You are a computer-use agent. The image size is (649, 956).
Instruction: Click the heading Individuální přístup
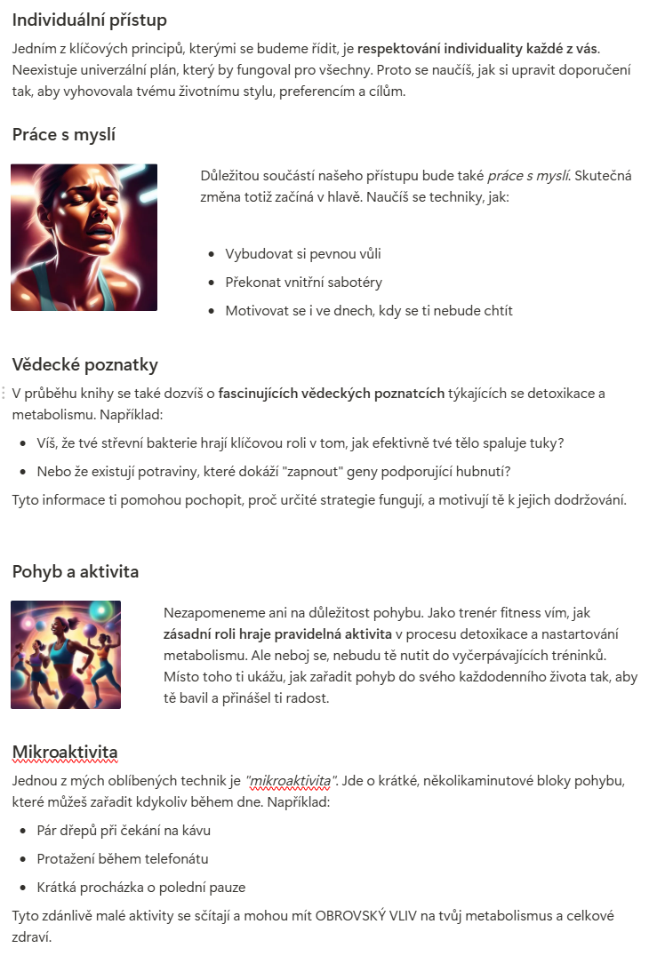(x=89, y=20)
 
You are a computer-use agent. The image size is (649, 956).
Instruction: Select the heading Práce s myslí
(x=64, y=135)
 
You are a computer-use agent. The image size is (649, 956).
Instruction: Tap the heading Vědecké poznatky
(x=85, y=364)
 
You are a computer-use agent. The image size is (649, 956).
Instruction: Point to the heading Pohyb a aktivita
(x=76, y=571)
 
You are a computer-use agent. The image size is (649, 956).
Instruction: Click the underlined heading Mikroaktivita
(x=65, y=753)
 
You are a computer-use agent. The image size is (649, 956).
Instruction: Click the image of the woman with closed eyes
(x=84, y=237)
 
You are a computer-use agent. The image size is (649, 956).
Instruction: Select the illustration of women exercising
(x=66, y=655)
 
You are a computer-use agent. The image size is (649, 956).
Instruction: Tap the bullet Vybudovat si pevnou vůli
(x=303, y=254)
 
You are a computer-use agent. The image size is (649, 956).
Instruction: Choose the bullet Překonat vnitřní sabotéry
(x=304, y=283)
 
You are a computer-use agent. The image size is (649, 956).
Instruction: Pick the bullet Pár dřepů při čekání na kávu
(x=124, y=831)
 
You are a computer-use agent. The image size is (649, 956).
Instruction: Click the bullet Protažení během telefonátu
(x=123, y=859)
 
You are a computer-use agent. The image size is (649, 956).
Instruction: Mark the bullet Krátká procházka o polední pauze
(x=141, y=888)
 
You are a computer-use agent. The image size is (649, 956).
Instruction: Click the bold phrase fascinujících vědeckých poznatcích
(x=332, y=394)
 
